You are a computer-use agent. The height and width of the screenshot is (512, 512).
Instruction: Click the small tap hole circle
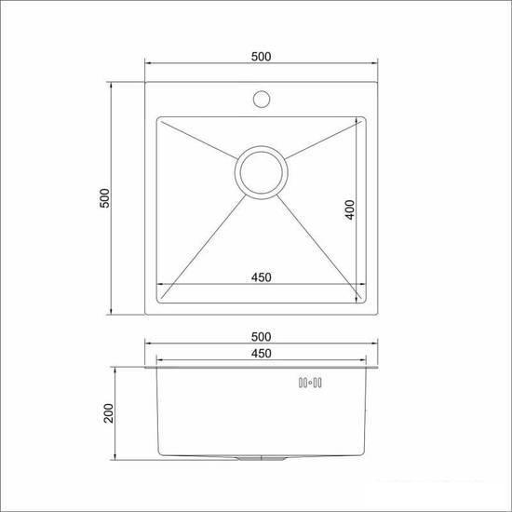pos(262,96)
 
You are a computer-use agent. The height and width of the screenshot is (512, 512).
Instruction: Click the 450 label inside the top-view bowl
pos(261,276)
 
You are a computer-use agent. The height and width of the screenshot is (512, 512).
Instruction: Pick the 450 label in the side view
pos(261,353)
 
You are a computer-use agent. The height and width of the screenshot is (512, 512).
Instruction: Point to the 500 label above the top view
pos(261,58)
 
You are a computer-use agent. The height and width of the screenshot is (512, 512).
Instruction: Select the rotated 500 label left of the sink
pos(104,198)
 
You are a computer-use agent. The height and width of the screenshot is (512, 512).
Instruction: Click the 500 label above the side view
pos(261,336)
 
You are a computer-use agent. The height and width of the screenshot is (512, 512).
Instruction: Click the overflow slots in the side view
pos(308,382)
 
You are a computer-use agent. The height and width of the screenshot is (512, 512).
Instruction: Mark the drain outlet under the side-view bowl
pos(262,462)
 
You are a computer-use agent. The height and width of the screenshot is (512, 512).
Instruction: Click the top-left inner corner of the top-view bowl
pos(159,119)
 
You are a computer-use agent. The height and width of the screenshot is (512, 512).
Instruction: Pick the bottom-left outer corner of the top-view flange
pos(144,316)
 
